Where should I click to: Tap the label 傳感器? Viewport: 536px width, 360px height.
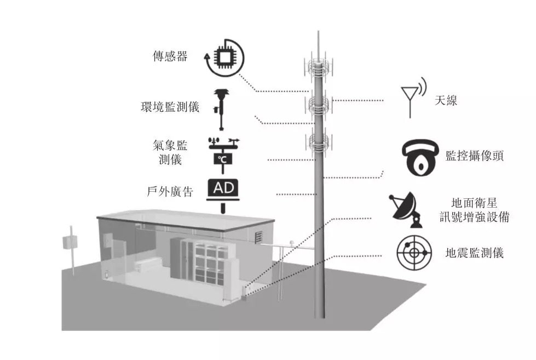click(x=170, y=56)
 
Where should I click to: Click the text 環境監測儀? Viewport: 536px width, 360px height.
click(x=170, y=106)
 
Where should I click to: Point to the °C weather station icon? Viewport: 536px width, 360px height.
click(x=223, y=153)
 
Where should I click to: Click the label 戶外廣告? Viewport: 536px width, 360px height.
click(x=170, y=192)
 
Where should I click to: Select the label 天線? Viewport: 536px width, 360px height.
click(x=446, y=100)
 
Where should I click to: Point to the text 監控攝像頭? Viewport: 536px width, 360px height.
click(x=474, y=156)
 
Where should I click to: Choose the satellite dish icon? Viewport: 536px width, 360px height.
click(x=405, y=209)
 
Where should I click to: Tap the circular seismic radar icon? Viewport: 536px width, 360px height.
click(x=414, y=252)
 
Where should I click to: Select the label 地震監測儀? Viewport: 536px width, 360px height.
click(x=474, y=253)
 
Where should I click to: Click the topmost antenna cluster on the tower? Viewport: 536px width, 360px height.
click(x=318, y=67)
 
